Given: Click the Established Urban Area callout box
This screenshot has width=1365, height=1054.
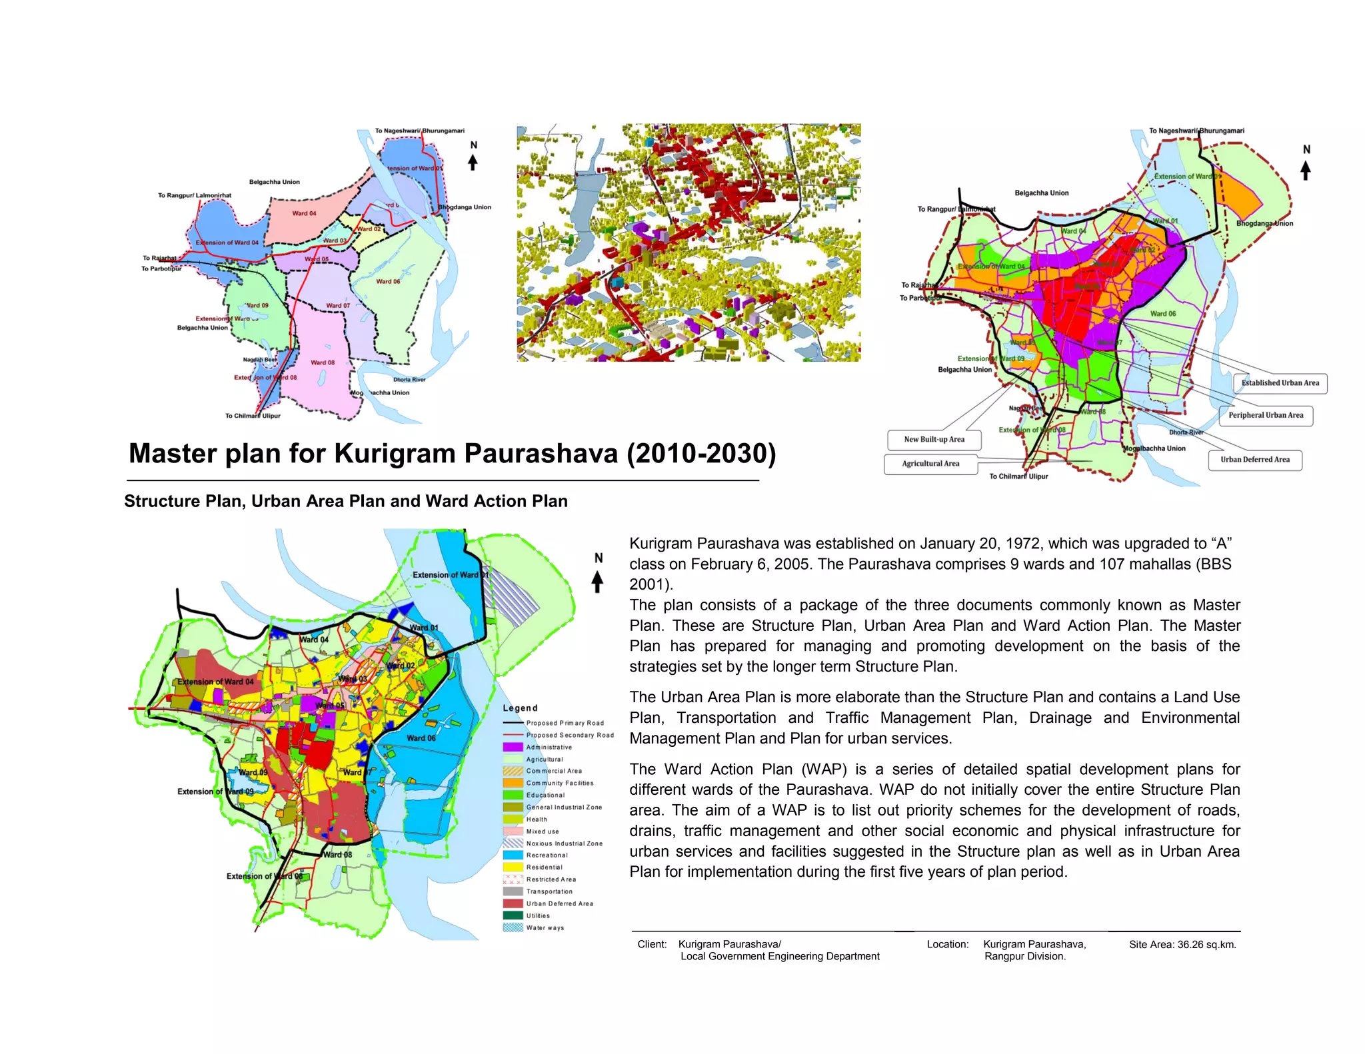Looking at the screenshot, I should [1280, 383].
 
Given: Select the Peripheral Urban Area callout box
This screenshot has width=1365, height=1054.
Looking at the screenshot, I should [1266, 415].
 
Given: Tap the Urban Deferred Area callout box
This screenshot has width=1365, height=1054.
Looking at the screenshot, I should [1255, 460].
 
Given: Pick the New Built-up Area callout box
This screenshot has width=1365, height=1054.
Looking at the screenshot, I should [934, 440].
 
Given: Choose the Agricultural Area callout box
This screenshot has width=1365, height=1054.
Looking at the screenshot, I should [930, 464].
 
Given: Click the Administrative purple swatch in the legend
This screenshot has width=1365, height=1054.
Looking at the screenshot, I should [513, 747].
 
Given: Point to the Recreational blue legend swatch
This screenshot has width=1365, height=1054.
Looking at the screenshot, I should [513, 855].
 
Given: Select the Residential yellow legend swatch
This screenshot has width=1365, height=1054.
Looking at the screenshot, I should [513, 867].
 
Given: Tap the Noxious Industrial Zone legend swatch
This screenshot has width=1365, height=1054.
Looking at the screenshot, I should [513, 843].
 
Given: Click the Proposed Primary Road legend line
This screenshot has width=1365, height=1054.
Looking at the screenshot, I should [513, 723].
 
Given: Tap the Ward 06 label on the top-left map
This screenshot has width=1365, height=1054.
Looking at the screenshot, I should [388, 282].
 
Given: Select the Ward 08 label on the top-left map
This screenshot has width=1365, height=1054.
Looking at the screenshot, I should [323, 363].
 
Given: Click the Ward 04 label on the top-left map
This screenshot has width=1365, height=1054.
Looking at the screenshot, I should [304, 214].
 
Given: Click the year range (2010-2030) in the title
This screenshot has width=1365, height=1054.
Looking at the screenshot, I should [701, 454].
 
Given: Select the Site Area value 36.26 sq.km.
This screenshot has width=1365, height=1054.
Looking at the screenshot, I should [1206, 944].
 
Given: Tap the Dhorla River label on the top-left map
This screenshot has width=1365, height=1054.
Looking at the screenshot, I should [409, 380].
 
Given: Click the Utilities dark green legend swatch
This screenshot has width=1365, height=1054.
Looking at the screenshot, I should [513, 915].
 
